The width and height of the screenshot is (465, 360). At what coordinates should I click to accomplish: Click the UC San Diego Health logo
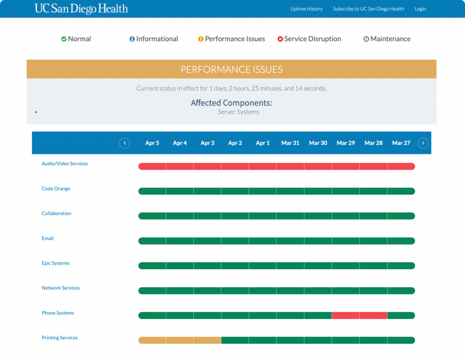pos(81,9)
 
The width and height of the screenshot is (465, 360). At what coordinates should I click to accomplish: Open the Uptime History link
pos(307,9)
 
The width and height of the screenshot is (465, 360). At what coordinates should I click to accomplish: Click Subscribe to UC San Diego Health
pos(368,9)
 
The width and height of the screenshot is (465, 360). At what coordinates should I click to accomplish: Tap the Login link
pos(420,9)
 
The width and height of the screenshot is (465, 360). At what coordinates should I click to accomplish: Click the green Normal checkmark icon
pos(64,39)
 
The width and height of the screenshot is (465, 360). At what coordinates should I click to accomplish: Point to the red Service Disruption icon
pos(280,39)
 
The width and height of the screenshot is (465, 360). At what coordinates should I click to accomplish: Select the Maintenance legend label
pos(390,39)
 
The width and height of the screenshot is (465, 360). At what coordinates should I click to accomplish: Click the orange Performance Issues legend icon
pos(201,39)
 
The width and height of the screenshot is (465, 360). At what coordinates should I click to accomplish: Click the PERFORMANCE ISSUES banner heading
pos(232,70)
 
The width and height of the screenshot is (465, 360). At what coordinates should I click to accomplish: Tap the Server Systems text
pos(238,112)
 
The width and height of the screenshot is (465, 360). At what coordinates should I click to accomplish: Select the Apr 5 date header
pos(152,143)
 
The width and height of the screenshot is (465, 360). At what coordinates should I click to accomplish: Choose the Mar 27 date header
pos(401,143)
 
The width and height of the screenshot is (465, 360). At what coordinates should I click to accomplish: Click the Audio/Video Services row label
pos(64,164)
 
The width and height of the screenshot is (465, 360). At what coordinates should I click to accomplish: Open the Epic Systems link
pos(55,263)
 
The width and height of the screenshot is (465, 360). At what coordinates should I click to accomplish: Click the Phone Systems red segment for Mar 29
pos(346,315)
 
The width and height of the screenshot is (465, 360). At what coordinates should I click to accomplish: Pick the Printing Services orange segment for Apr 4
pos(180,340)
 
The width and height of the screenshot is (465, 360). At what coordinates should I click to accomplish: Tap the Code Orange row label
pos(56,189)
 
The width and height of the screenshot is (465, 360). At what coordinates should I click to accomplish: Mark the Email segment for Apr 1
pos(262,241)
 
